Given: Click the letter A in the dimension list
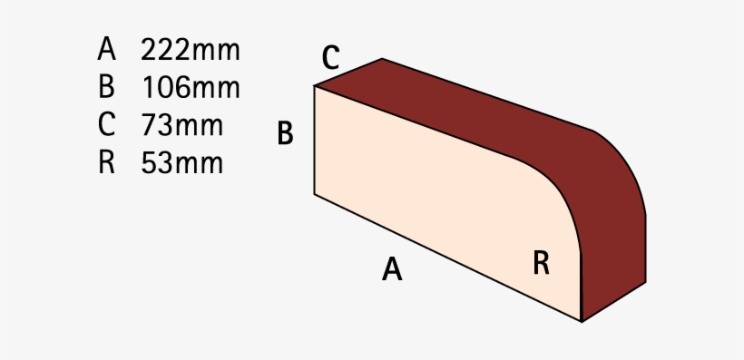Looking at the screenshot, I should click(x=107, y=49).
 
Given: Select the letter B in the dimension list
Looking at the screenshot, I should click(x=107, y=88).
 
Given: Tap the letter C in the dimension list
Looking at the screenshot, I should click(x=107, y=125).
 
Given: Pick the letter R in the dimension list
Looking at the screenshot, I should click(x=107, y=163).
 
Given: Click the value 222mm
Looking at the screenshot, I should click(x=191, y=50).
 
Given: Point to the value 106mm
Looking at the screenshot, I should click(x=191, y=88).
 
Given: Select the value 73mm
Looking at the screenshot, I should click(x=181, y=125).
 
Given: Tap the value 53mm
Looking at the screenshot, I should click(x=181, y=163).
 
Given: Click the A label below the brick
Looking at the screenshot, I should click(x=391, y=269).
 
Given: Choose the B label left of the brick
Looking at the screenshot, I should click(x=285, y=135).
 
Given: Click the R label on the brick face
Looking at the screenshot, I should click(x=541, y=263).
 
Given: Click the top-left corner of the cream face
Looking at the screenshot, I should click(x=315, y=86).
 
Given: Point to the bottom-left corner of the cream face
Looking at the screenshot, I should click(x=315, y=194).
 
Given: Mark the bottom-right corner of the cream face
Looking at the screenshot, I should click(x=581, y=321).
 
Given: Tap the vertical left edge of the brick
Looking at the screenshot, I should click(x=315, y=141).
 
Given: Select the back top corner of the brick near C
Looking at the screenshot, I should click(x=382, y=59).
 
